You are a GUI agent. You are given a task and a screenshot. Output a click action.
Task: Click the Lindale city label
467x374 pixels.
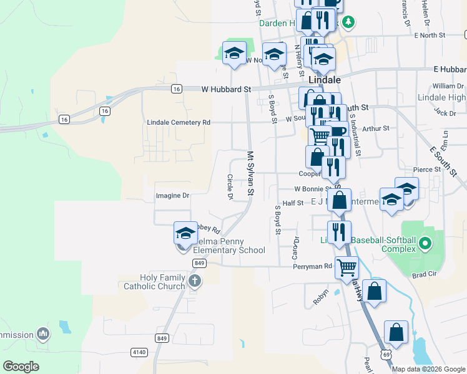click(x=325, y=80)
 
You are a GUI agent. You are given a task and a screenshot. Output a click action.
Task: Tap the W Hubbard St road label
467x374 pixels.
click(x=225, y=89)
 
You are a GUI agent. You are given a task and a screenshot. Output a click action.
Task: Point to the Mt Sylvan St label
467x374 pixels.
click(x=251, y=173)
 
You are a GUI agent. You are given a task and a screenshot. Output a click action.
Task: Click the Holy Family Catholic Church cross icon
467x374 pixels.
click(x=195, y=280)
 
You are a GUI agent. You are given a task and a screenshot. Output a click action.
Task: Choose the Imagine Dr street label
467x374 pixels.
click(x=172, y=196)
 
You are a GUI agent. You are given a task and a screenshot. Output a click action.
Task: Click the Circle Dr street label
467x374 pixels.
click(x=230, y=187)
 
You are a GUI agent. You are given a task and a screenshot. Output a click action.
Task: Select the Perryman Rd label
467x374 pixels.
click(x=313, y=266)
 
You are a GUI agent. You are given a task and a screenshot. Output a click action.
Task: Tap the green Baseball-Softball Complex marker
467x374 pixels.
click(x=425, y=242)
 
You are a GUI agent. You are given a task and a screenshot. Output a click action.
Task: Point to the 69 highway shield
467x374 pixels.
click(x=387, y=355)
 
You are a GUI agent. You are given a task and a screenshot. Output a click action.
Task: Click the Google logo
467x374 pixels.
click(x=21, y=366)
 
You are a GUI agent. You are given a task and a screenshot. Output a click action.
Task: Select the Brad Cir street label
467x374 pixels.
click(x=423, y=274)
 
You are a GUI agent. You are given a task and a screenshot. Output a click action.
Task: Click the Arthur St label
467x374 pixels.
click(x=376, y=128)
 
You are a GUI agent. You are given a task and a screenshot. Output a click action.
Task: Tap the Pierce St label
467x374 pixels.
click(x=427, y=170)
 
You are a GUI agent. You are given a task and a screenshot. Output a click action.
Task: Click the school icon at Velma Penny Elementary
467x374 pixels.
click(x=185, y=233)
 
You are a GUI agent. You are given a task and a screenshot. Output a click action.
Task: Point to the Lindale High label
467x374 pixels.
click(x=441, y=98)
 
